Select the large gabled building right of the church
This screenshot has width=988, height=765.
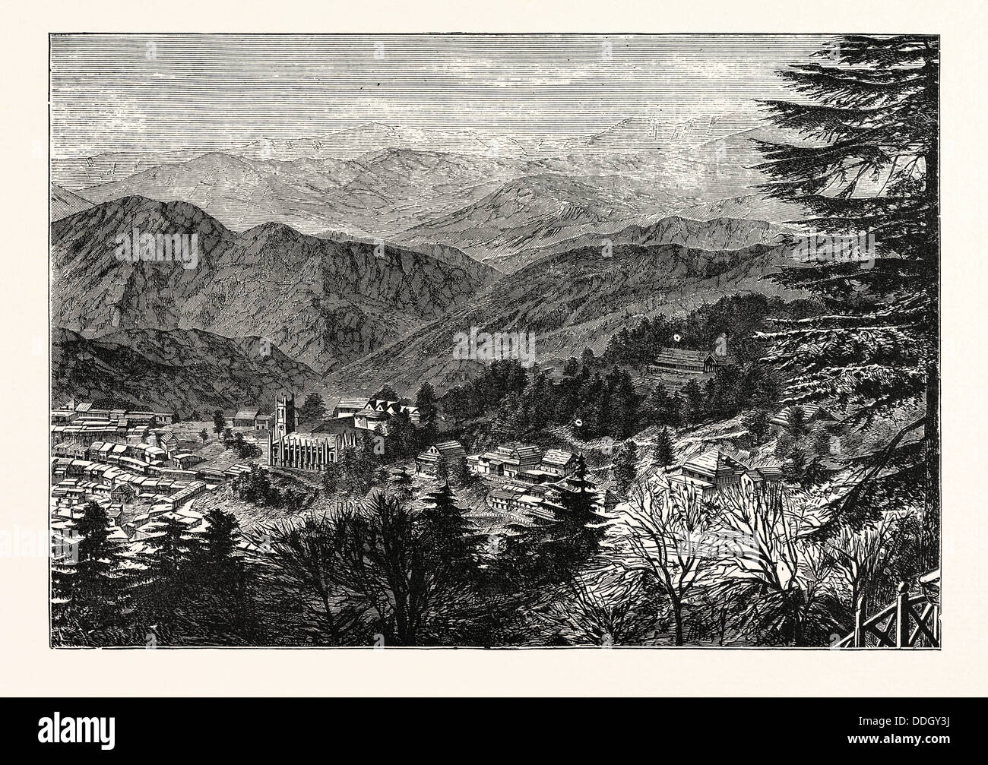coord(388,414)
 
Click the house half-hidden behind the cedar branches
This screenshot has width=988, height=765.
coord(806,414)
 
